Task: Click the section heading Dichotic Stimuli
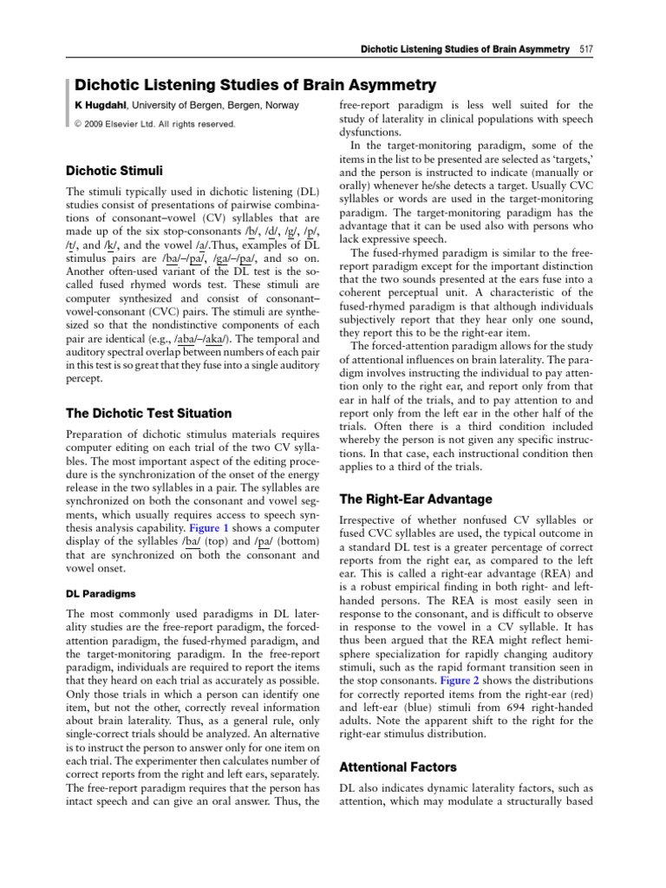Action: click(114, 170)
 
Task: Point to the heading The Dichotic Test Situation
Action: click(149, 413)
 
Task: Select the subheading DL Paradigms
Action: click(100, 594)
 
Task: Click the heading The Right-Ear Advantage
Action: click(415, 499)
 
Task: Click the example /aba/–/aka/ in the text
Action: click(199, 336)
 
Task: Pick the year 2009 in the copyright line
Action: click(100, 124)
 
